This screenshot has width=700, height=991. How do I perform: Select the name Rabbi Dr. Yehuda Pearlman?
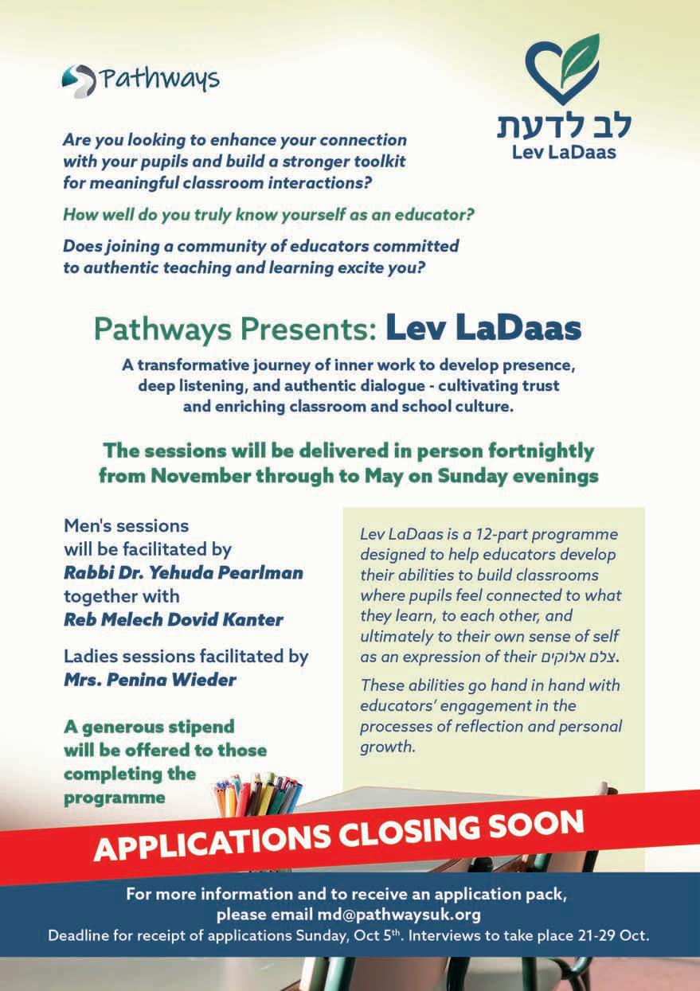pos(183,573)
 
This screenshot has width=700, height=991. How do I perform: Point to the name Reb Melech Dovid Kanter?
pos(174,619)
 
